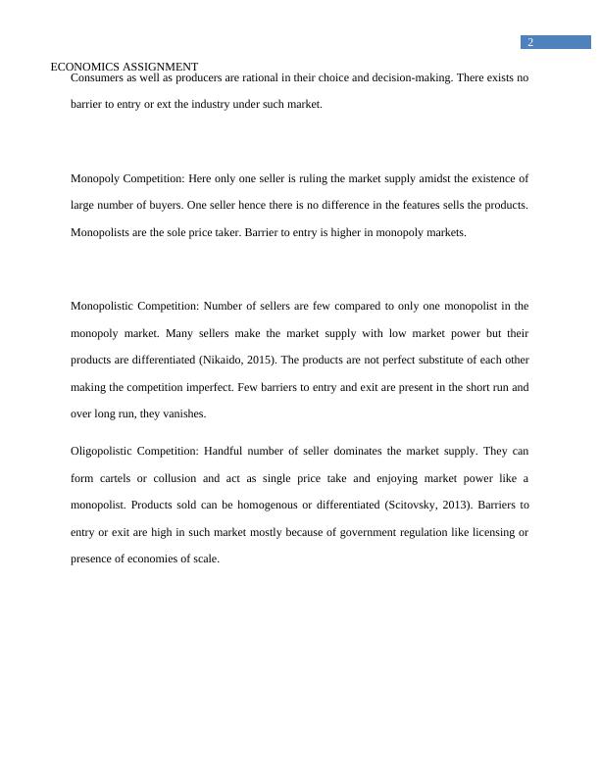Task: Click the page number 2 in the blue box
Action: (x=530, y=42)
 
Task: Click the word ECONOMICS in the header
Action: (x=84, y=67)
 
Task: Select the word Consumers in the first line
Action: (x=96, y=77)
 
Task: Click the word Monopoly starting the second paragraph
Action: (x=95, y=178)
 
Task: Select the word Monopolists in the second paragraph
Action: (x=101, y=232)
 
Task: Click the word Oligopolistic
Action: (x=103, y=451)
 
